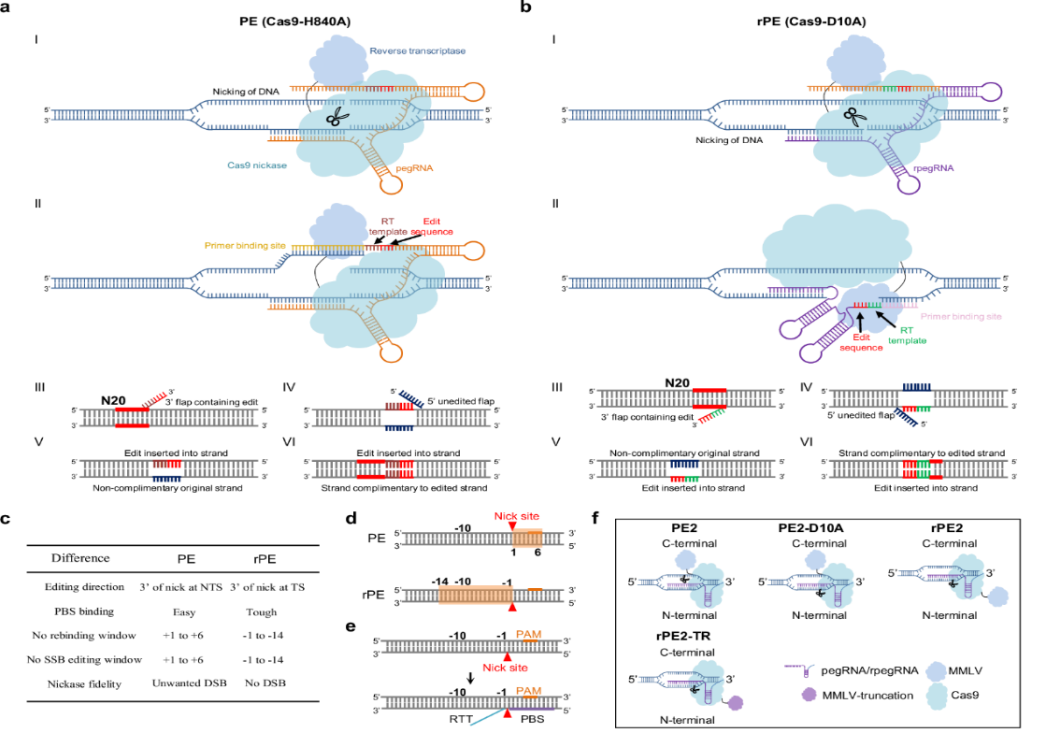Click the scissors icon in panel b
point(853,117)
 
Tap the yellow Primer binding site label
point(246,246)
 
